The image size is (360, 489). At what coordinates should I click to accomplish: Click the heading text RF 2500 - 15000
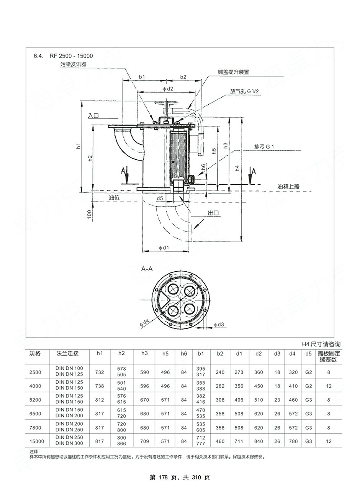(x=71, y=56)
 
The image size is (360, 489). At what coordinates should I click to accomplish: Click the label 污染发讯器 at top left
(x=74, y=64)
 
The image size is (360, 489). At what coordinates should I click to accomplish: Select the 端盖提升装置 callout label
(x=233, y=72)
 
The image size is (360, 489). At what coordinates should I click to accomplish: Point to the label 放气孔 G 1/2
(x=244, y=92)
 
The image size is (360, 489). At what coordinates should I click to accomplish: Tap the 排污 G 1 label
(x=264, y=147)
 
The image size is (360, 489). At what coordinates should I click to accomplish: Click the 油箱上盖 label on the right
(x=288, y=187)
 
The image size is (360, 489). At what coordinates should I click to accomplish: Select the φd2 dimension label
(x=168, y=89)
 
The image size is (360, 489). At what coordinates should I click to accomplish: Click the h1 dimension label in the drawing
(x=78, y=146)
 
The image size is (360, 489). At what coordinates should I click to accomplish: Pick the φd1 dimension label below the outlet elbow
(x=164, y=248)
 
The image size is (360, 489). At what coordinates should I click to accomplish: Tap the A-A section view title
(x=147, y=269)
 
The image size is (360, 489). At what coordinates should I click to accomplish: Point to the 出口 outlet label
(x=213, y=213)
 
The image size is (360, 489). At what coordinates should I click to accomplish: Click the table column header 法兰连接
(x=67, y=353)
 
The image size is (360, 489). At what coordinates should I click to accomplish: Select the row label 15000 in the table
(x=37, y=441)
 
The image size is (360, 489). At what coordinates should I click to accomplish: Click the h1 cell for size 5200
(x=100, y=400)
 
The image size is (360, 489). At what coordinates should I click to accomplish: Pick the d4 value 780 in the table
(x=293, y=441)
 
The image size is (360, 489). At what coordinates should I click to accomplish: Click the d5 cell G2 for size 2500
(x=309, y=372)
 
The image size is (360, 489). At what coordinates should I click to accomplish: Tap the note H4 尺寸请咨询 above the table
(x=321, y=344)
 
